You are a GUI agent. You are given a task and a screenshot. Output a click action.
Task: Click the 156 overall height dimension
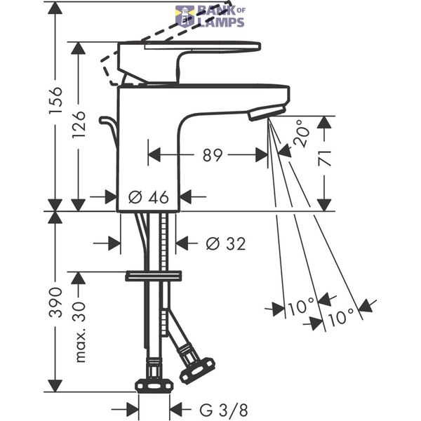tap(56, 100)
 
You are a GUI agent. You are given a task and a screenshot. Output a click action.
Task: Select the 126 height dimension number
tap(79, 124)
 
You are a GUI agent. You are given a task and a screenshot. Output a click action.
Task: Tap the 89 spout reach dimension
tap(213, 155)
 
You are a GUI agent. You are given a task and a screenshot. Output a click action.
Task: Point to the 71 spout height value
tap(324, 159)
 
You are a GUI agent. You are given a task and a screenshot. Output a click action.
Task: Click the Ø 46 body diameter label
tap(149, 197)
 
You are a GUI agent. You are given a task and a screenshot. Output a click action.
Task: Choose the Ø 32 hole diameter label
tap(226, 243)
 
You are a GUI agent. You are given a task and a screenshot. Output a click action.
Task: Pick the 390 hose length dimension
tap(56, 302)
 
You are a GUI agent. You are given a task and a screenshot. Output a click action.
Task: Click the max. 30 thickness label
tap(81, 332)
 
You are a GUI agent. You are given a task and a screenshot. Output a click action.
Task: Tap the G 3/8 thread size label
tap(224, 410)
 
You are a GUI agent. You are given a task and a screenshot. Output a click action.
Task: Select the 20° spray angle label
tap(302, 133)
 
